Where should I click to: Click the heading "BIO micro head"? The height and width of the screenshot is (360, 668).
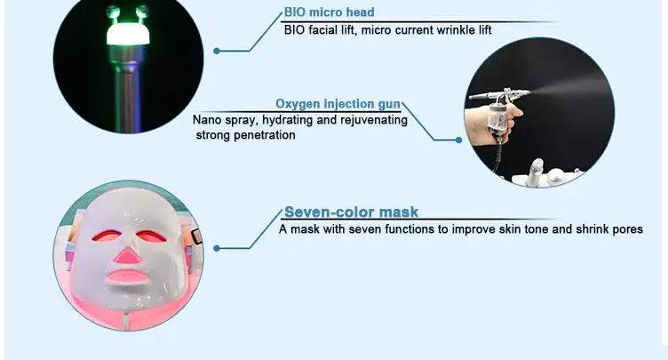tap(329, 12)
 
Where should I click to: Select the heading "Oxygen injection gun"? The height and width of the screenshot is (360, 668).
tap(338, 104)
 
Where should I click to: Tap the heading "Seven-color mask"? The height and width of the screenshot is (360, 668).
tap(351, 212)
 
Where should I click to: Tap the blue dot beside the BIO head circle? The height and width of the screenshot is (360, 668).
tap(217, 52)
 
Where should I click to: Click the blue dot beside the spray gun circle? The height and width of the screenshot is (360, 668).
tap(458, 140)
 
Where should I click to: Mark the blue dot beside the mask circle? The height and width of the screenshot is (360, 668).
tap(217, 248)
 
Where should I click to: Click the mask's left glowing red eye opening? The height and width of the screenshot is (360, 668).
tap(106, 236)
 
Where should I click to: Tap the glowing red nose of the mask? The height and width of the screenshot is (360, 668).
tap(127, 256)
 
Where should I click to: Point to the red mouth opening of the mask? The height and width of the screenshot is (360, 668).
tap(126, 276)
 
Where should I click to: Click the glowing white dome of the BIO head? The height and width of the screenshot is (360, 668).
tap(128, 34)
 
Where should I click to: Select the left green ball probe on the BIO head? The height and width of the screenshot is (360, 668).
tap(113, 12)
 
